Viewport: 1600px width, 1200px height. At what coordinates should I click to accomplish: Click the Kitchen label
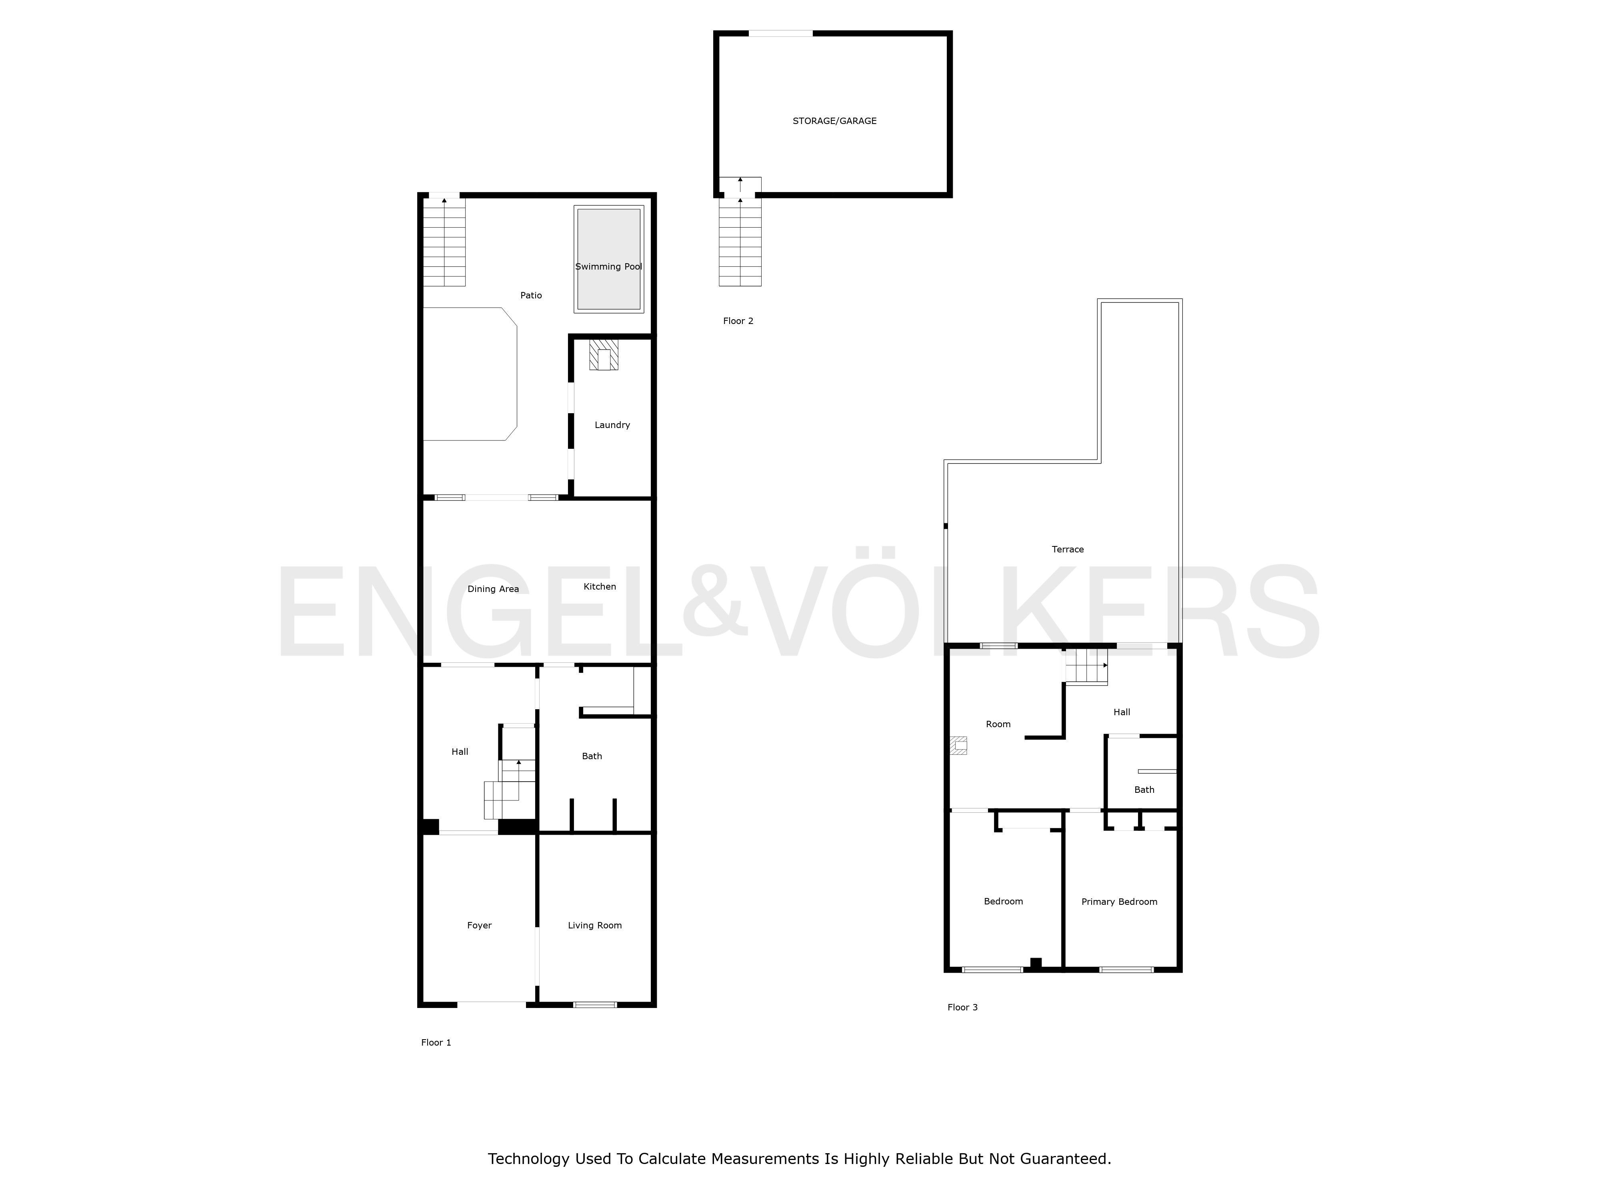pyautogui.click(x=600, y=587)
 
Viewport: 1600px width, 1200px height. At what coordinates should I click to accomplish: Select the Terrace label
pyautogui.click(x=1068, y=550)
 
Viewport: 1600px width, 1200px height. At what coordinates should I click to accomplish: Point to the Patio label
pyautogui.click(x=531, y=295)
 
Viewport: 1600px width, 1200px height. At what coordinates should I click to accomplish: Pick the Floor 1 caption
pyautogui.click(x=436, y=1042)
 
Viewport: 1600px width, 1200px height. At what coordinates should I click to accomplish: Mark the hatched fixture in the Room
pyautogui.click(x=958, y=745)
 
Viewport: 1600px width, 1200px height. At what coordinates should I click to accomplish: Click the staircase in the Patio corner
pyautogui.click(x=444, y=242)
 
